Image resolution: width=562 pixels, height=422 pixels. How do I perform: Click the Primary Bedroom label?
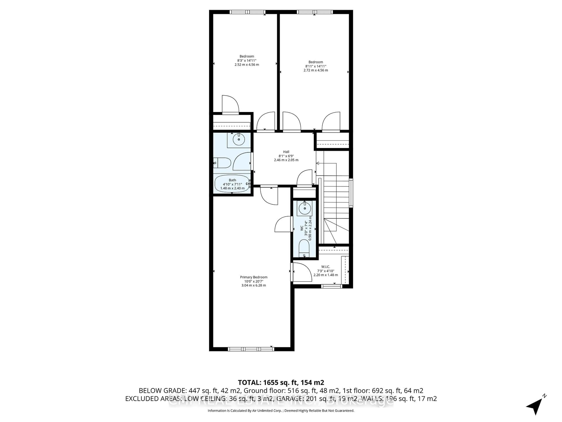click(254, 277)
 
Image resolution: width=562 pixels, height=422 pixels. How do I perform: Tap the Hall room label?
click(286, 152)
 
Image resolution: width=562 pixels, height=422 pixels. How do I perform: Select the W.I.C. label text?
click(325, 267)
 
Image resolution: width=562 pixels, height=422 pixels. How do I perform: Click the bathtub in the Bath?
click(232, 184)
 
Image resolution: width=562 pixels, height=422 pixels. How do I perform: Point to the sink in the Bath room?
click(239, 139)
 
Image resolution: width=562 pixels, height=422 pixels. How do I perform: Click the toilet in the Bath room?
click(222, 163)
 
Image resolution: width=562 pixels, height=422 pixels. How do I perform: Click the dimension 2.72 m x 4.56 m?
click(316, 70)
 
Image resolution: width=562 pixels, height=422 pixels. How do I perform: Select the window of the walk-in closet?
click(331, 286)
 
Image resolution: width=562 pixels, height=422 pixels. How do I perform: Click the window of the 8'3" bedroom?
click(247, 12)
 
